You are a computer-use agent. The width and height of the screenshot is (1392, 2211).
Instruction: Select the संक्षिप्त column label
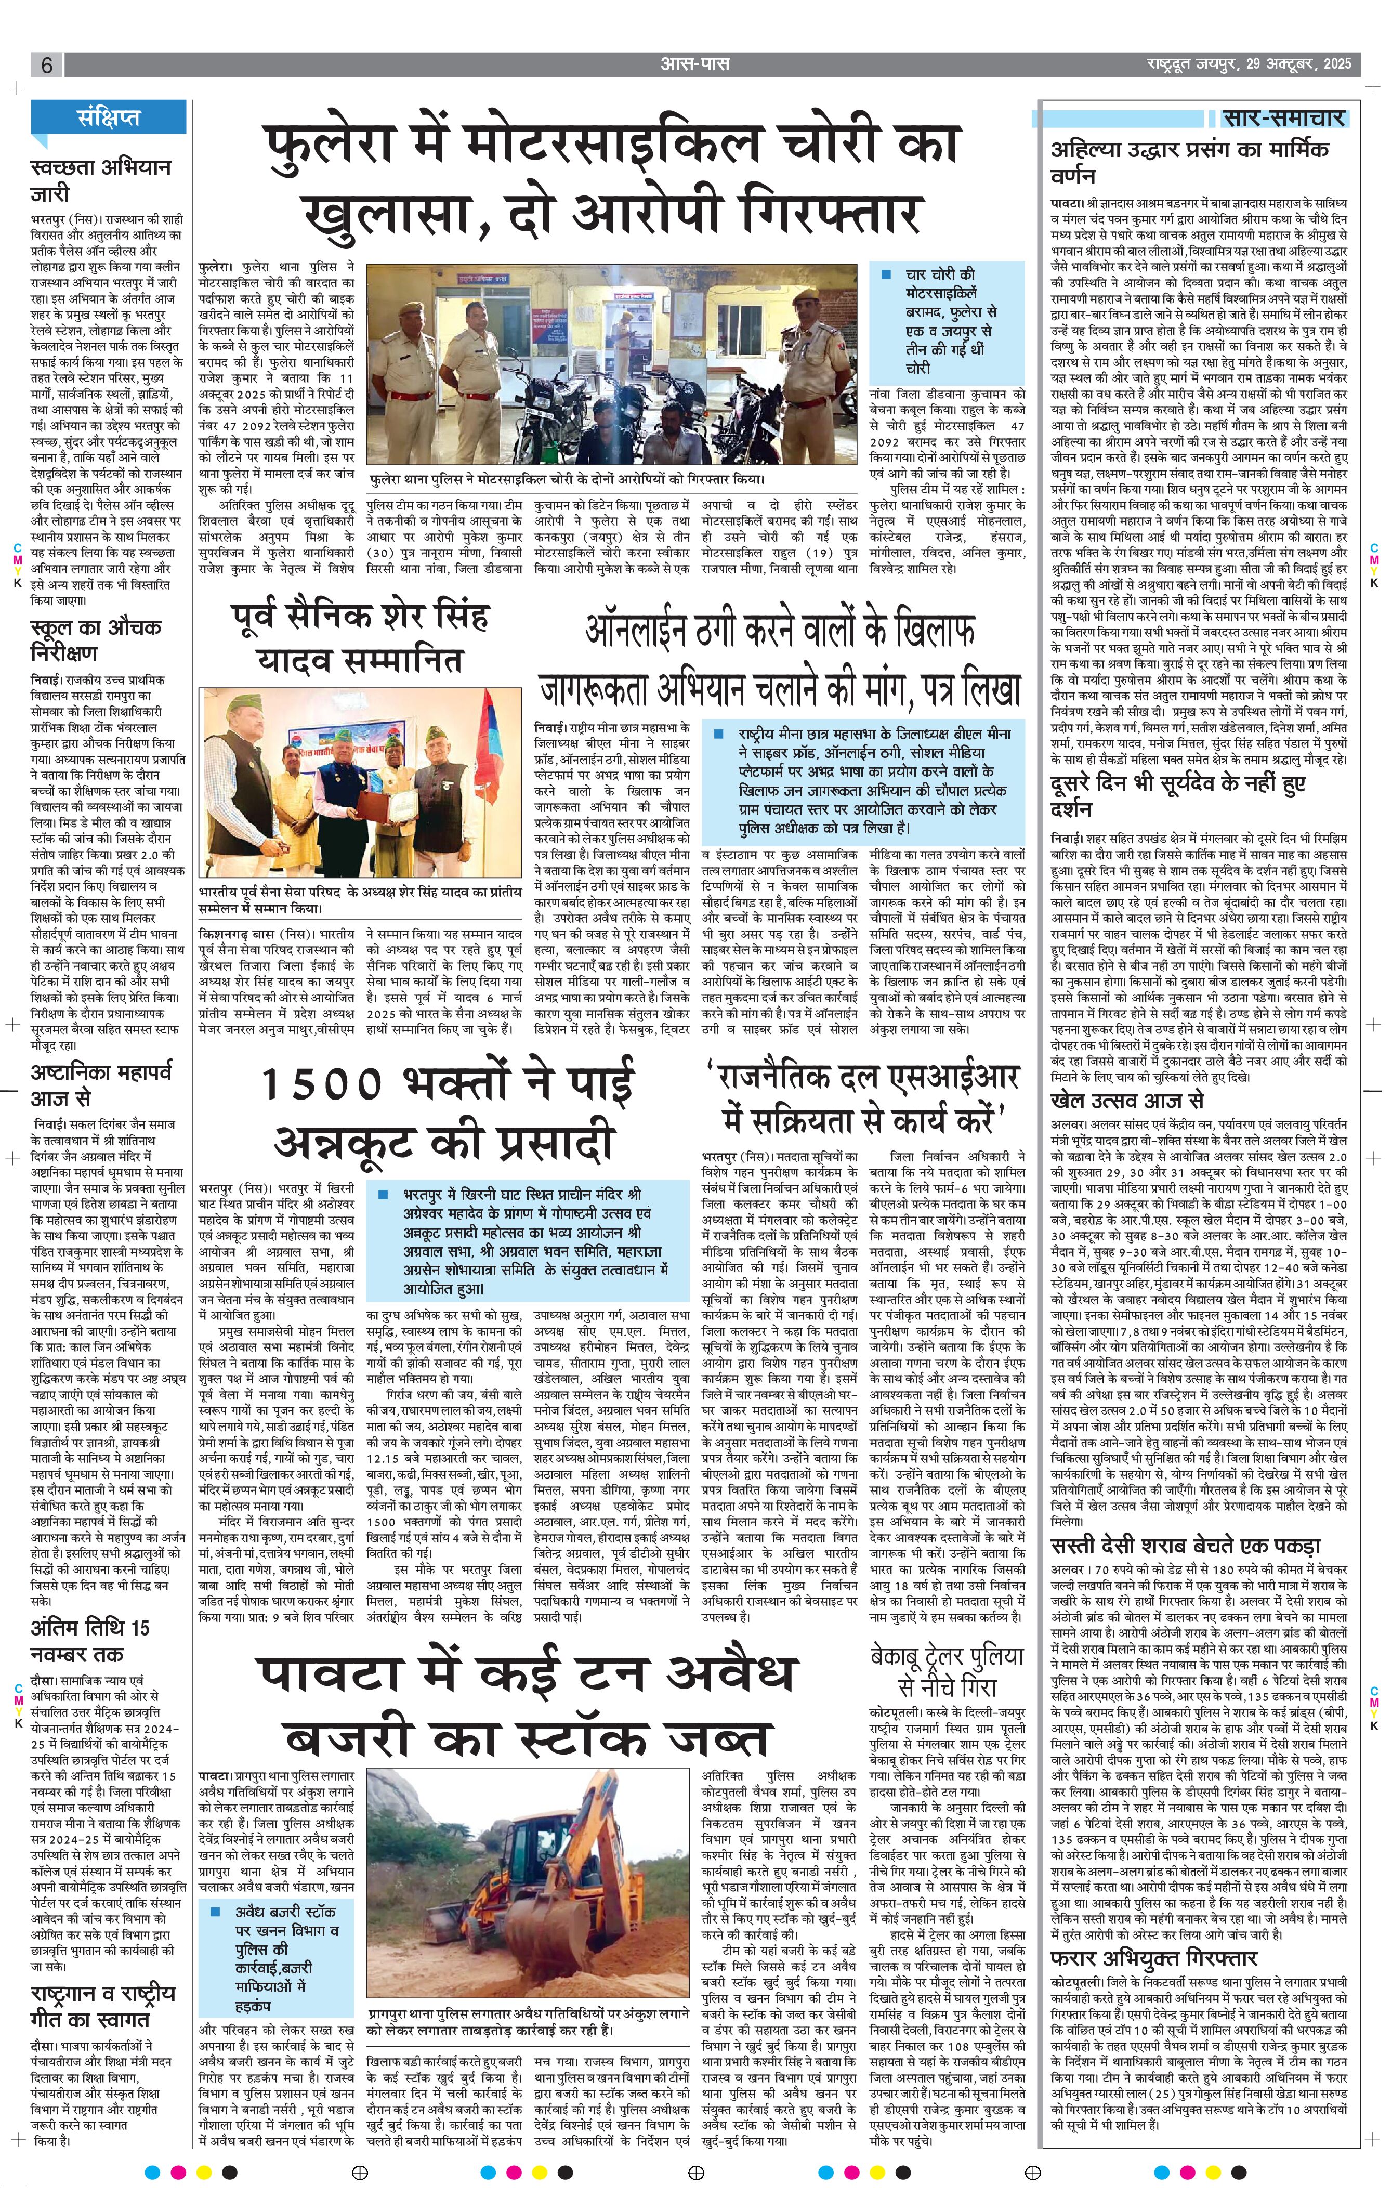click(x=109, y=117)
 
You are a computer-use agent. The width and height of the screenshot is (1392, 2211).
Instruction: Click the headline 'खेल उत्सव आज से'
click(x=1126, y=1101)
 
